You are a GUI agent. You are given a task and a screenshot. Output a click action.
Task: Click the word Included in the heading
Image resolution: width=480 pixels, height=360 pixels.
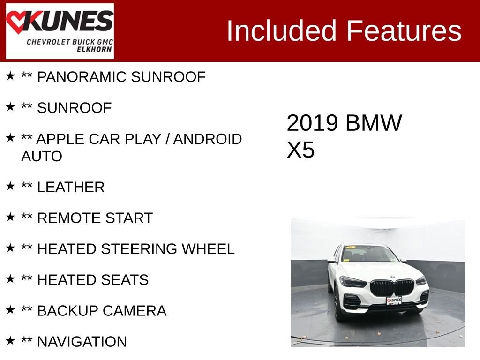[x=282, y=31]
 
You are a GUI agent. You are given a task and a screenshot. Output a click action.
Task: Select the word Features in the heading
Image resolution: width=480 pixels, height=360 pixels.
[x=404, y=31]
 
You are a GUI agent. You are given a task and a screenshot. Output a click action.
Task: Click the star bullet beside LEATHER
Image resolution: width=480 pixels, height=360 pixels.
[x=10, y=187]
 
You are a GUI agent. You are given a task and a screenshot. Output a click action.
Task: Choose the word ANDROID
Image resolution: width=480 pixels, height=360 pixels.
[x=208, y=139]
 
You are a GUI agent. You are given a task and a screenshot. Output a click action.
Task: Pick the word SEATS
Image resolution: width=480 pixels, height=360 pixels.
[x=124, y=280]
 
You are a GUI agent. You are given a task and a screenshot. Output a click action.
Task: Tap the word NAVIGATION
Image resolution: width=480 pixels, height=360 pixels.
[x=82, y=342]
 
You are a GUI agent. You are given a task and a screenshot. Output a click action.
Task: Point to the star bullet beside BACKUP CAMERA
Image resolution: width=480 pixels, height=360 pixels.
[x=10, y=310]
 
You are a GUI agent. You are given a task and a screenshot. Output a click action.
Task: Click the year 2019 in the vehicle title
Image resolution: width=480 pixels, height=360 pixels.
[x=312, y=123]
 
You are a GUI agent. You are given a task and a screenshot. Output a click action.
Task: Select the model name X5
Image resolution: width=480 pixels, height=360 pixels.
[x=300, y=150]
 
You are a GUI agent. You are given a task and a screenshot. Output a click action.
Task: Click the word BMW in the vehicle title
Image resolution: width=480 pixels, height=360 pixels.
[x=374, y=123]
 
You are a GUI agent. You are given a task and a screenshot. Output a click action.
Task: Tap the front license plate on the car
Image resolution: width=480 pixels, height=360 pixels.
[x=394, y=300]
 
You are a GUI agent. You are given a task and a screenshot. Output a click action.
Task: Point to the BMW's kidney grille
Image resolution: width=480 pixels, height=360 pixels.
[x=392, y=287]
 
